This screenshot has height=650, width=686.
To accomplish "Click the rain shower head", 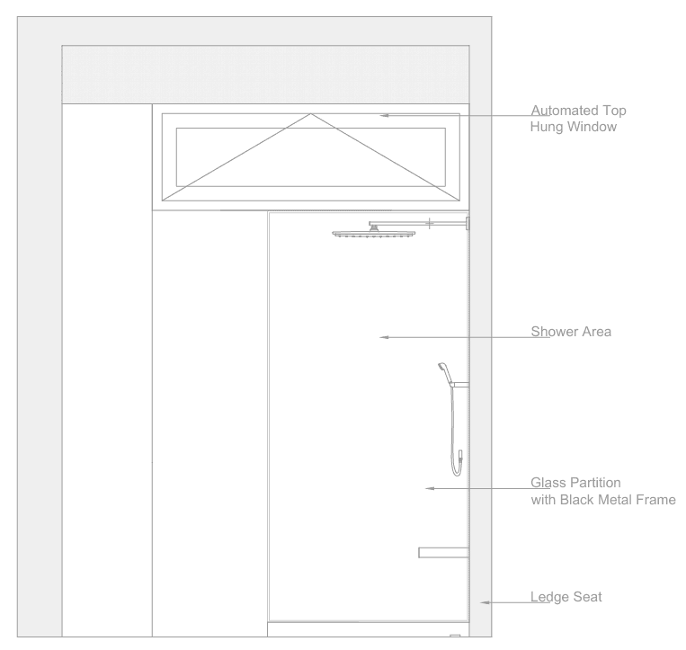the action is tap(375, 235).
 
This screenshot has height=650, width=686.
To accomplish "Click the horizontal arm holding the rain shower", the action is tap(418, 223).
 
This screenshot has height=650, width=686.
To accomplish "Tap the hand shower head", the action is tap(441, 367).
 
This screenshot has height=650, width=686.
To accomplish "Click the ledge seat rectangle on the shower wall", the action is tap(443, 552).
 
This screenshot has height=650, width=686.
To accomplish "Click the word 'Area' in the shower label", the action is tap(598, 332).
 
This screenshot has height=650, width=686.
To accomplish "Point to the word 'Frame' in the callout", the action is tap(655, 499).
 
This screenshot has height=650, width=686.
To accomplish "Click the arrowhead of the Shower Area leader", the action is tap(384, 338).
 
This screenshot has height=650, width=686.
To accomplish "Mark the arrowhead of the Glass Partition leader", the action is tap(430, 489).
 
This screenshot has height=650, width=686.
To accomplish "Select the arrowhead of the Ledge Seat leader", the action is tap(484, 602).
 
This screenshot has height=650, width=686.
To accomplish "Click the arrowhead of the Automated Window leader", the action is tap(384, 115).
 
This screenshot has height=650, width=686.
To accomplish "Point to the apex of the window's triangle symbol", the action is tap(311, 114).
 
